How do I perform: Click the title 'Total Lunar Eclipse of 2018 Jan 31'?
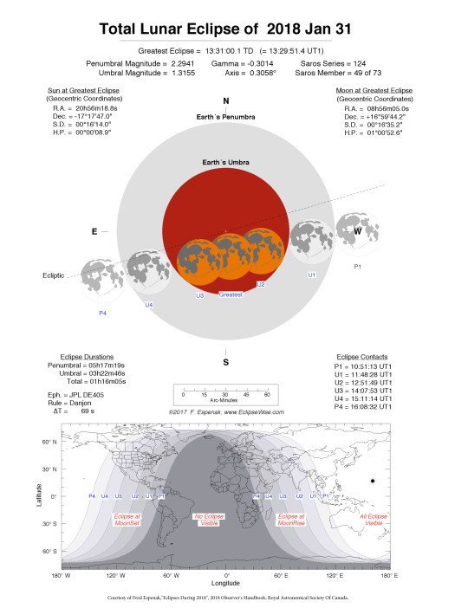pyautogui.click(x=227, y=29)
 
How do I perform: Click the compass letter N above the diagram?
pyautogui.click(x=226, y=101)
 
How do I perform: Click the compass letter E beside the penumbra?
pyautogui.click(x=94, y=231)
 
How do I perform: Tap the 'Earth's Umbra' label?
pyautogui.click(x=226, y=163)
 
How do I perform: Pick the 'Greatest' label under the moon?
pyautogui.click(x=231, y=295)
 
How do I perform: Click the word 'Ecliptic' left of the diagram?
pyautogui.click(x=56, y=276)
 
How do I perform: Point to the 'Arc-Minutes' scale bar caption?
pyautogui.click(x=226, y=402)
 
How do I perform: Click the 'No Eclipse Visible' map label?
pyautogui.click(x=211, y=520)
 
